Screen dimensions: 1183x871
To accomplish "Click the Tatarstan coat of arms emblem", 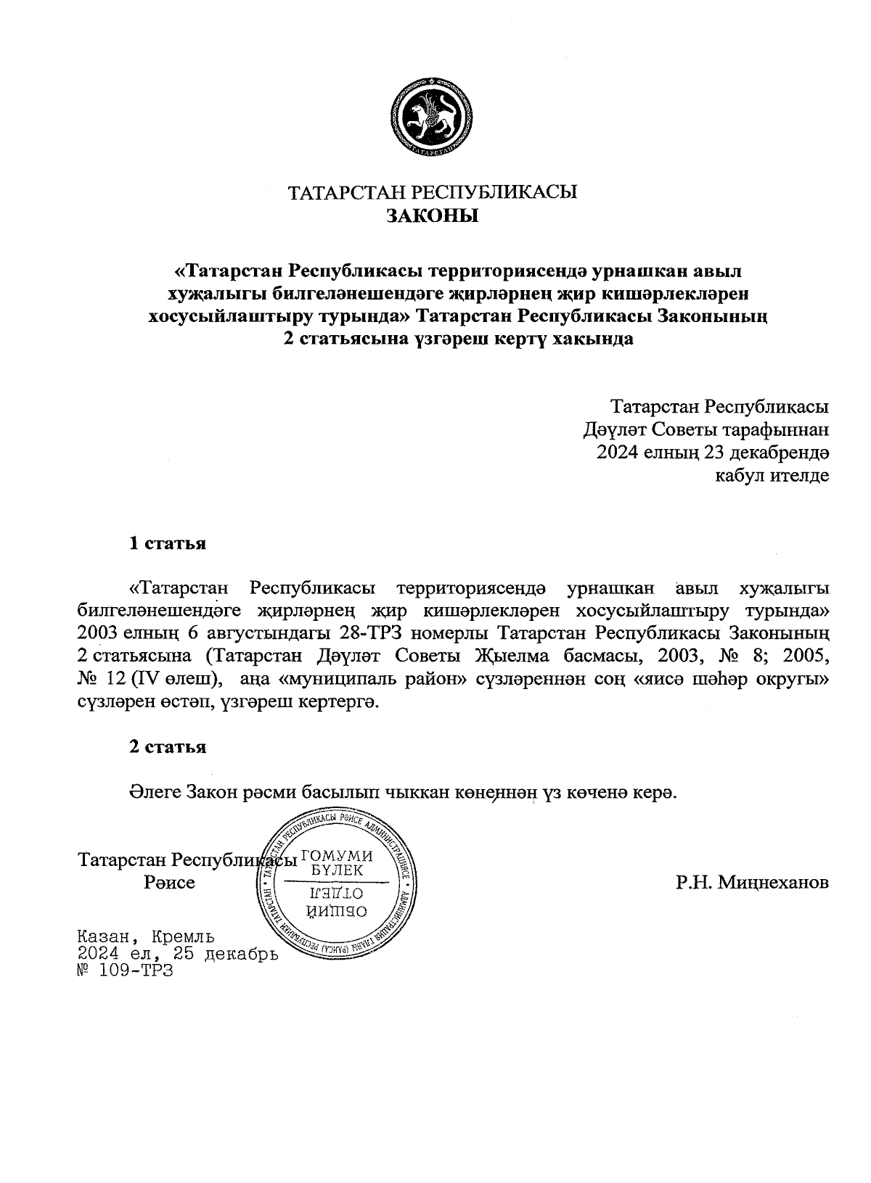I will pyautogui.click(x=433, y=116).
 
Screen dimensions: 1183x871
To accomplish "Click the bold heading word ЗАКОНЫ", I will pyautogui.click(x=433, y=216).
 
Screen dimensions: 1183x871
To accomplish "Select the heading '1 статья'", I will pyautogui.click(x=167, y=544).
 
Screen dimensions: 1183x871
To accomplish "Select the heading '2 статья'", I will pyautogui.click(x=167, y=747).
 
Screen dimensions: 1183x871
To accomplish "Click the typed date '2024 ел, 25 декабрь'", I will pyautogui.click(x=177, y=953).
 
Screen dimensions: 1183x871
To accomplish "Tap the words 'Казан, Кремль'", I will pyautogui.click(x=145, y=936).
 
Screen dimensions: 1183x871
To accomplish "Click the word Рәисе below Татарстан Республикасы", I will pyautogui.click(x=169, y=883).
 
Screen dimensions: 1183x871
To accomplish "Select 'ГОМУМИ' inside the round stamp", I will pyautogui.click(x=337, y=855).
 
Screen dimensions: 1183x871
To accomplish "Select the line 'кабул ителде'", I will pyautogui.click(x=772, y=476).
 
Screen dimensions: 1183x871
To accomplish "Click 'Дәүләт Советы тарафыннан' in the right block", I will pyautogui.click(x=706, y=429).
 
